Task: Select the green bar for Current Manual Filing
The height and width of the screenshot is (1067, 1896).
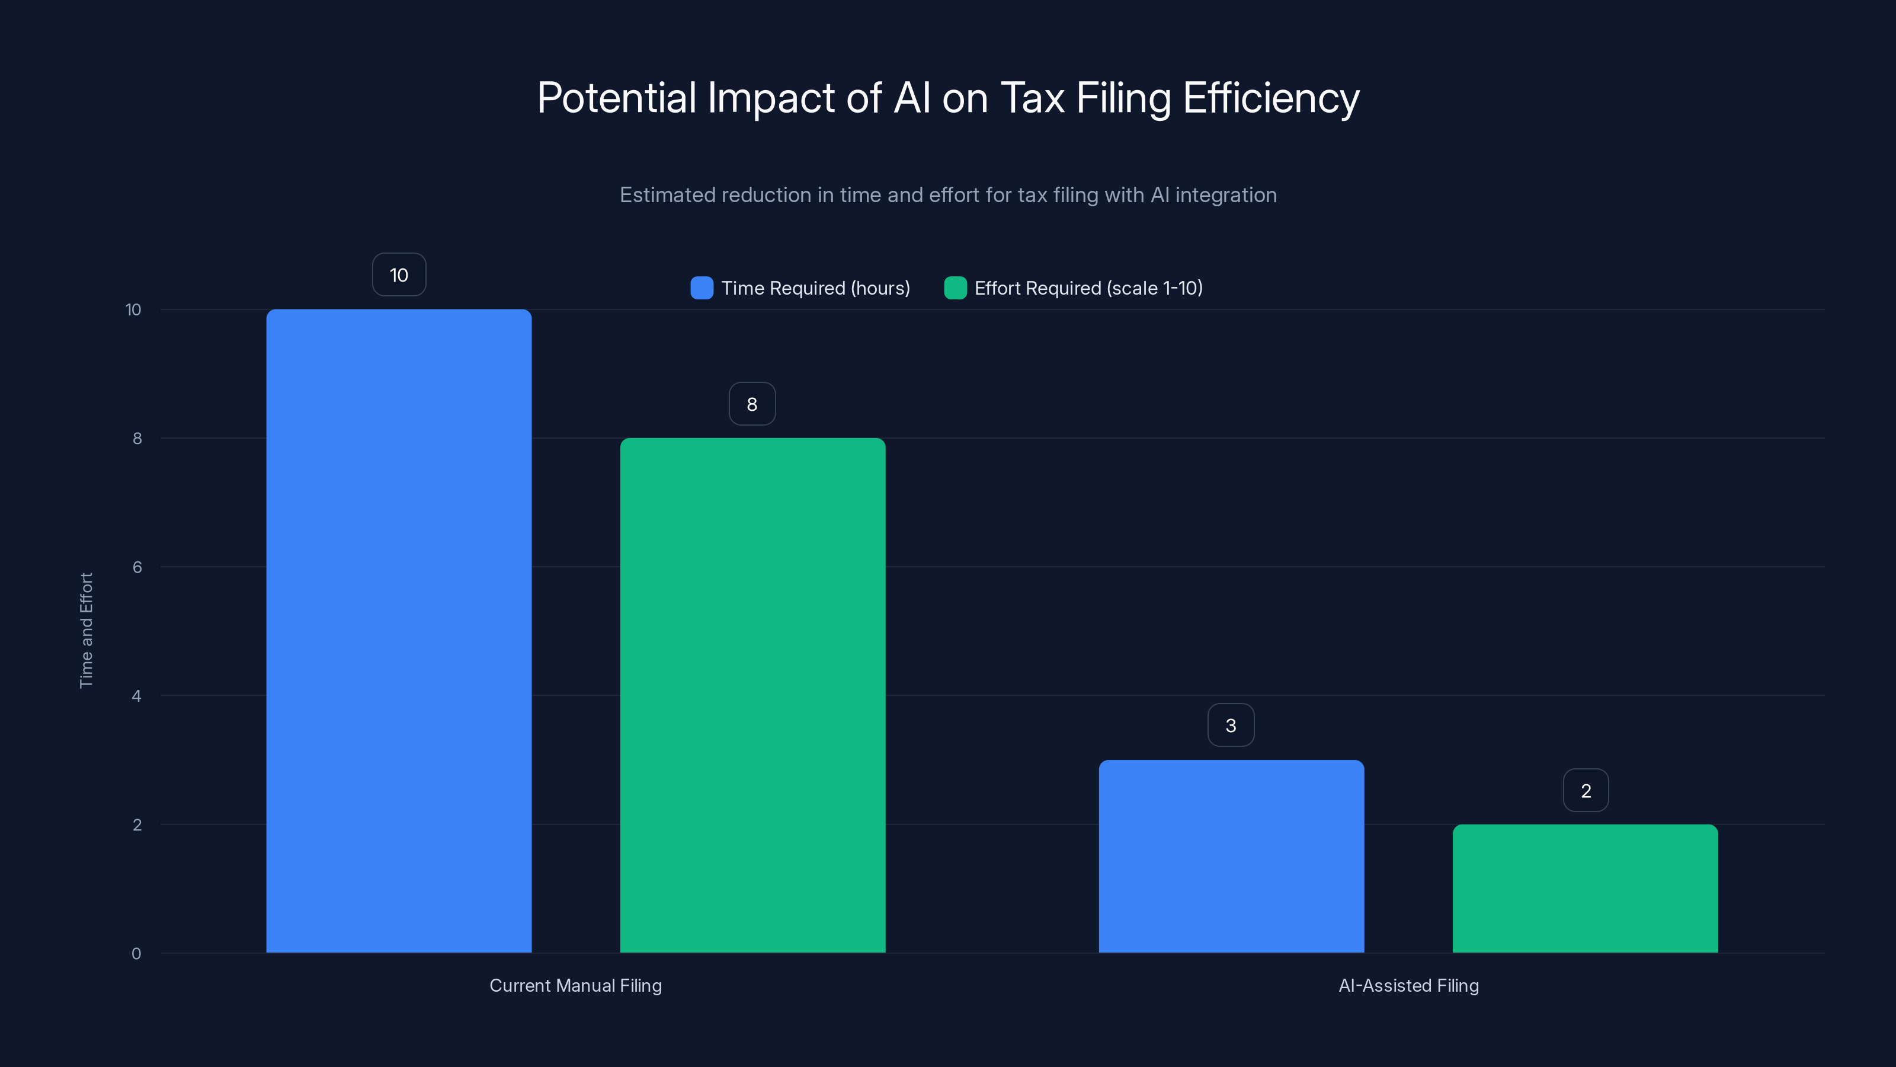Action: click(752, 695)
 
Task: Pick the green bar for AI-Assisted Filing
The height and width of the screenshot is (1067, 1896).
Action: click(1585, 888)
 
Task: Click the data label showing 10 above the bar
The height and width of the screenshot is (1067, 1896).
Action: click(399, 274)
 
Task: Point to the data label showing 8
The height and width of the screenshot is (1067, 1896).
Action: click(751, 404)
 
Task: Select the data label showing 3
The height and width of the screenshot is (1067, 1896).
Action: click(1231, 726)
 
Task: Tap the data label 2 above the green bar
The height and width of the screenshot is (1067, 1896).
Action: click(1586, 790)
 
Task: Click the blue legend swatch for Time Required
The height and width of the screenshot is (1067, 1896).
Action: click(702, 288)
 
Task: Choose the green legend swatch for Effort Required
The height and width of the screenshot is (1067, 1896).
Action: click(955, 288)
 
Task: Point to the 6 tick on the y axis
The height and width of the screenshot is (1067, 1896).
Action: click(137, 567)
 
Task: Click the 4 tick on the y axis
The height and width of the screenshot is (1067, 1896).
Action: click(137, 696)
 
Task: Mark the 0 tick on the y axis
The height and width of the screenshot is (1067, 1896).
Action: click(136, 954)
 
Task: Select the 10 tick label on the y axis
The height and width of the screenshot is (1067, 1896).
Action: click(133, 309)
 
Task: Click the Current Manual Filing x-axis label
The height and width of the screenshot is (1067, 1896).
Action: click(575, 985)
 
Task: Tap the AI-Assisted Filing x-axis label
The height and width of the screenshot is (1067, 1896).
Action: click(1408, 985)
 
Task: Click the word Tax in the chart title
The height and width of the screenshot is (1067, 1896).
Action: click(1032, 97)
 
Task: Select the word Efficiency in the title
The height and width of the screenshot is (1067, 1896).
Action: click(1270, 97)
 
